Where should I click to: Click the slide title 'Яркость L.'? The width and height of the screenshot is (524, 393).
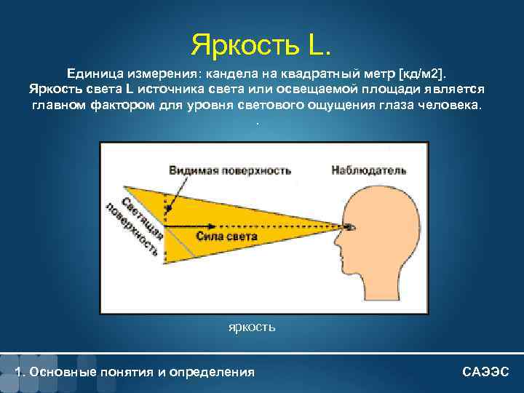261,44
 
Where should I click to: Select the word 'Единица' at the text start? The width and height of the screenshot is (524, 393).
95,74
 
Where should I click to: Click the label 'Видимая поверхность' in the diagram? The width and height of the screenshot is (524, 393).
230,170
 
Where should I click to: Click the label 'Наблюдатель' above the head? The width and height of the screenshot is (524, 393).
368,170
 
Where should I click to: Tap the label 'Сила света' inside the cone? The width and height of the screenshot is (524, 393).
226,237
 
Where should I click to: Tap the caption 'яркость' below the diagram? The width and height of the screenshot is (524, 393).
252,327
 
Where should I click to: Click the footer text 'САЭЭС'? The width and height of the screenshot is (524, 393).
486,372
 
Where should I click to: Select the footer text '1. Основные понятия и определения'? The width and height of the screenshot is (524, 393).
135,372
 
